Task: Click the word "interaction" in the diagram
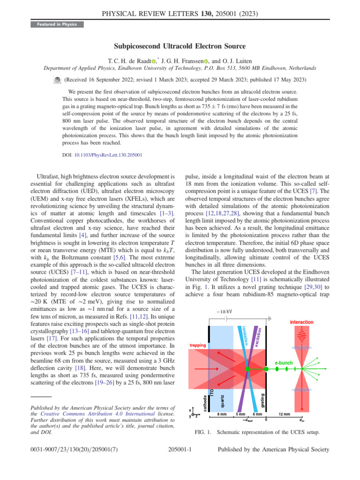click(302, 322)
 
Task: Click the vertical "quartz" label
click(223, 401)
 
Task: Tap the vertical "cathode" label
click(205, 403)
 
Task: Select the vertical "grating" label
click(262, 401)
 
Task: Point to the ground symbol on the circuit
click(270, 318)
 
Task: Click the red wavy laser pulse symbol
click(301, 335)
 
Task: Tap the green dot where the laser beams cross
click(247, 369)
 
